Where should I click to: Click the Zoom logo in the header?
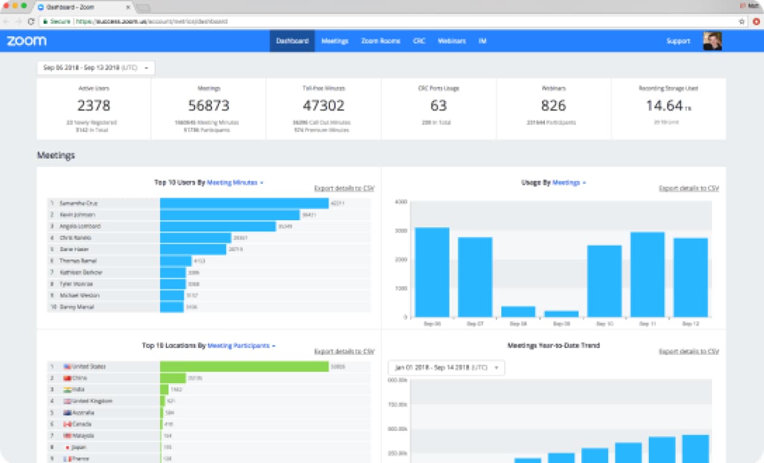[26, 41]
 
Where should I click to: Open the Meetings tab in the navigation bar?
[334, 41]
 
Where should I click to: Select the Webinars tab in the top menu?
[452, 41]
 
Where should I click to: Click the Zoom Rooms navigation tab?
[380, 41]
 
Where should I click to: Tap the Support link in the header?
[678, 41]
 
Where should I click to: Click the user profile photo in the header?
[712, 41]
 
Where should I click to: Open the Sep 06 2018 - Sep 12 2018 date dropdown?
[95, 68]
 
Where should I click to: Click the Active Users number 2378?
[94, 106]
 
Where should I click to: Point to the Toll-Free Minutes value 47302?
[324, 106]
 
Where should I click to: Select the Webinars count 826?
[553, 106]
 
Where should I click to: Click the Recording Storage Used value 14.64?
[664, 106]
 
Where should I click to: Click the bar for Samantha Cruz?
[244, 203]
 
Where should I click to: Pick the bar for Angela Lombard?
[218, 226]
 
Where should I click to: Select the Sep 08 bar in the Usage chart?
[518, 311]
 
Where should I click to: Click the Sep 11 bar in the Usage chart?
[648, 274]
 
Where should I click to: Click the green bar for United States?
[244, 366]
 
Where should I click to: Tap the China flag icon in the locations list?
[67, 378]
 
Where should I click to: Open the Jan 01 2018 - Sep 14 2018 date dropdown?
[446, 368]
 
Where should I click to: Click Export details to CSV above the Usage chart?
[689, 188]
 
